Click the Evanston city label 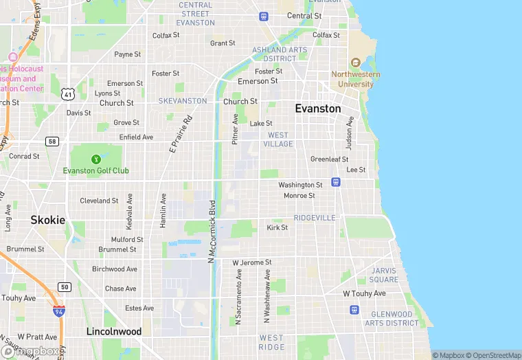click(317, 109)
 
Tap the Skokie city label click(48, 221)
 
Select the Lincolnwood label click(114, 332)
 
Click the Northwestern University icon click(354, 63)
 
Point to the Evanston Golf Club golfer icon click(96, 159)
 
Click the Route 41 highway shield click(67, 93)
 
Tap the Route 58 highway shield click(52, 141)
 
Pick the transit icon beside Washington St click(335, 182)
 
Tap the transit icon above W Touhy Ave click(354, 310)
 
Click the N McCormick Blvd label click(212, 230)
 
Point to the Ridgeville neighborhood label click(315, 218)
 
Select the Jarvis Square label click(383, 275)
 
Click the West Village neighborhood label click(280, 139)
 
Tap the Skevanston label click(183, 101)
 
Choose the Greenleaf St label click(329, 159)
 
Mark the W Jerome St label click(252, 262)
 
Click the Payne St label click(127, 54)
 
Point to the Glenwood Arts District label click(391, 319)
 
